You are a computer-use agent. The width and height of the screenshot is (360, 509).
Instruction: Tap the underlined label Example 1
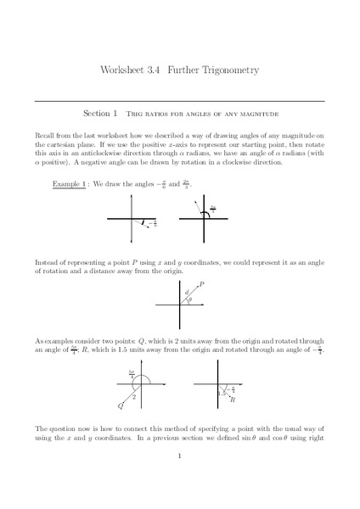[68, 184]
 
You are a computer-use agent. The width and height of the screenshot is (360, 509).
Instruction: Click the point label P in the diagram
[201, 285]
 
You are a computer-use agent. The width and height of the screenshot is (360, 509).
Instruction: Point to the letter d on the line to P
[186, 293]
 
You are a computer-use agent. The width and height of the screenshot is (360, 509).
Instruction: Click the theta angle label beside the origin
[190, 299]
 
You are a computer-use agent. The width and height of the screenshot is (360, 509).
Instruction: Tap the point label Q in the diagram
[121, 406]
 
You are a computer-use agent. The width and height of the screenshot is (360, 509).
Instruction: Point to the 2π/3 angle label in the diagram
[213, 207]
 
